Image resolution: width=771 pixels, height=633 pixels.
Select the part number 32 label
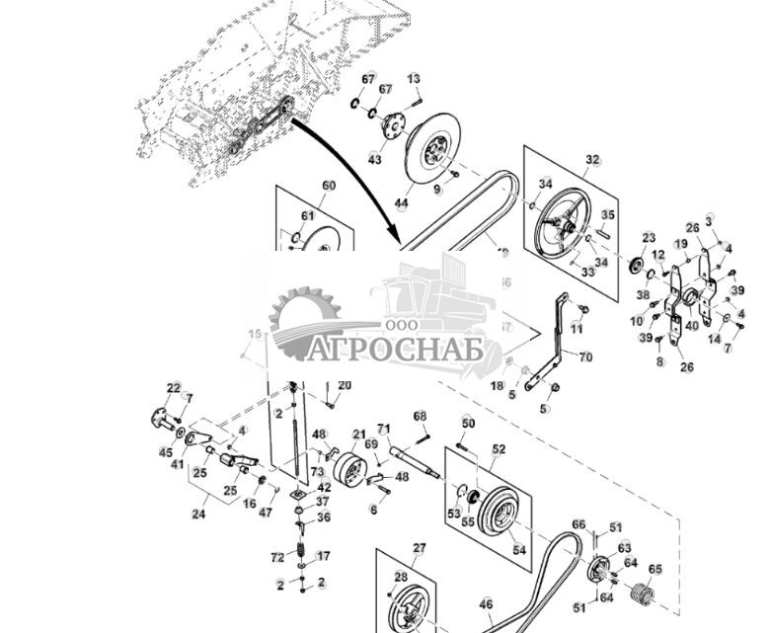tap(592, 159)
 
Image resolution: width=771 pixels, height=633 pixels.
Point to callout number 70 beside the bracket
tap(585, 356)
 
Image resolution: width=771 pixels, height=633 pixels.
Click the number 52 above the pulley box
tap(499, 449)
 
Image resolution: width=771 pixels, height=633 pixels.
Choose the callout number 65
tap(655, 569)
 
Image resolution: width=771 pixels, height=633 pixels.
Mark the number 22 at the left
tap(174, 387)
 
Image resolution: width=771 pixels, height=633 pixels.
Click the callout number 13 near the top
tap(414, 78)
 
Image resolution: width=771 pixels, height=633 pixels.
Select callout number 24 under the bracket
tap(198, 514)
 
